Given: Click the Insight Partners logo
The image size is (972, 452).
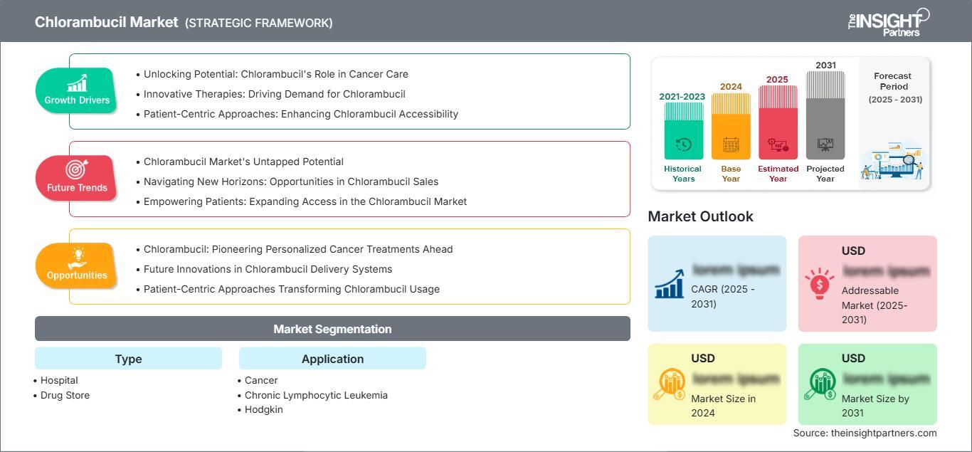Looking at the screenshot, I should (x=889, y=22).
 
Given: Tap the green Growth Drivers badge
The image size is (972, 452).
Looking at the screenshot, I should (x=77, y=90).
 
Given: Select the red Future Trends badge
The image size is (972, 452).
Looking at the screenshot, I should (x=77, y=178).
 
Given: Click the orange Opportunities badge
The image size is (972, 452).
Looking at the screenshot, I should (x=77, y=266).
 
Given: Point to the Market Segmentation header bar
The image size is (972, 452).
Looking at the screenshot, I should (x=332, y=329).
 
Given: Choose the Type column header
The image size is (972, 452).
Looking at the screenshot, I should (x=128, y=359).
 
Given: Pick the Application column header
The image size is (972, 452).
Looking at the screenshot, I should (x=332, y=359).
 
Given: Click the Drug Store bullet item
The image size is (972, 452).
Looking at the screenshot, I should (x=65, y=395).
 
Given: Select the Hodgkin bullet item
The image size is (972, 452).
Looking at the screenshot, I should (x=263, y=409).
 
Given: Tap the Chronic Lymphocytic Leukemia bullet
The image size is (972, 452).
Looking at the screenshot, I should (x=316, y=395).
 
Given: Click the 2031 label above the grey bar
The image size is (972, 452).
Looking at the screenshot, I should (x=825, y=65).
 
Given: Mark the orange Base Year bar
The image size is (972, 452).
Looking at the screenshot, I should (x=731, y=127).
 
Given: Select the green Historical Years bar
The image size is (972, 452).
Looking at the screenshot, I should (x=683, y=131).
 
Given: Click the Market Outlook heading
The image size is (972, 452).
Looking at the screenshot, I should (x=700, y=216).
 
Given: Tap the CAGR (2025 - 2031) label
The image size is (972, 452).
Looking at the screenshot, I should (x=723, y=296).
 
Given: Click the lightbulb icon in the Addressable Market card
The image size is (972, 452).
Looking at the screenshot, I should (x=820, y=283).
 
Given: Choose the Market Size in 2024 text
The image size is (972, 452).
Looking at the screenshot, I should (x=723, y=406).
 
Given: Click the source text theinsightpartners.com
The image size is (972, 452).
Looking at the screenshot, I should (x=865, y=433).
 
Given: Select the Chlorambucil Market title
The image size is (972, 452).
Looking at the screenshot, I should (x=107, y=22).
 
